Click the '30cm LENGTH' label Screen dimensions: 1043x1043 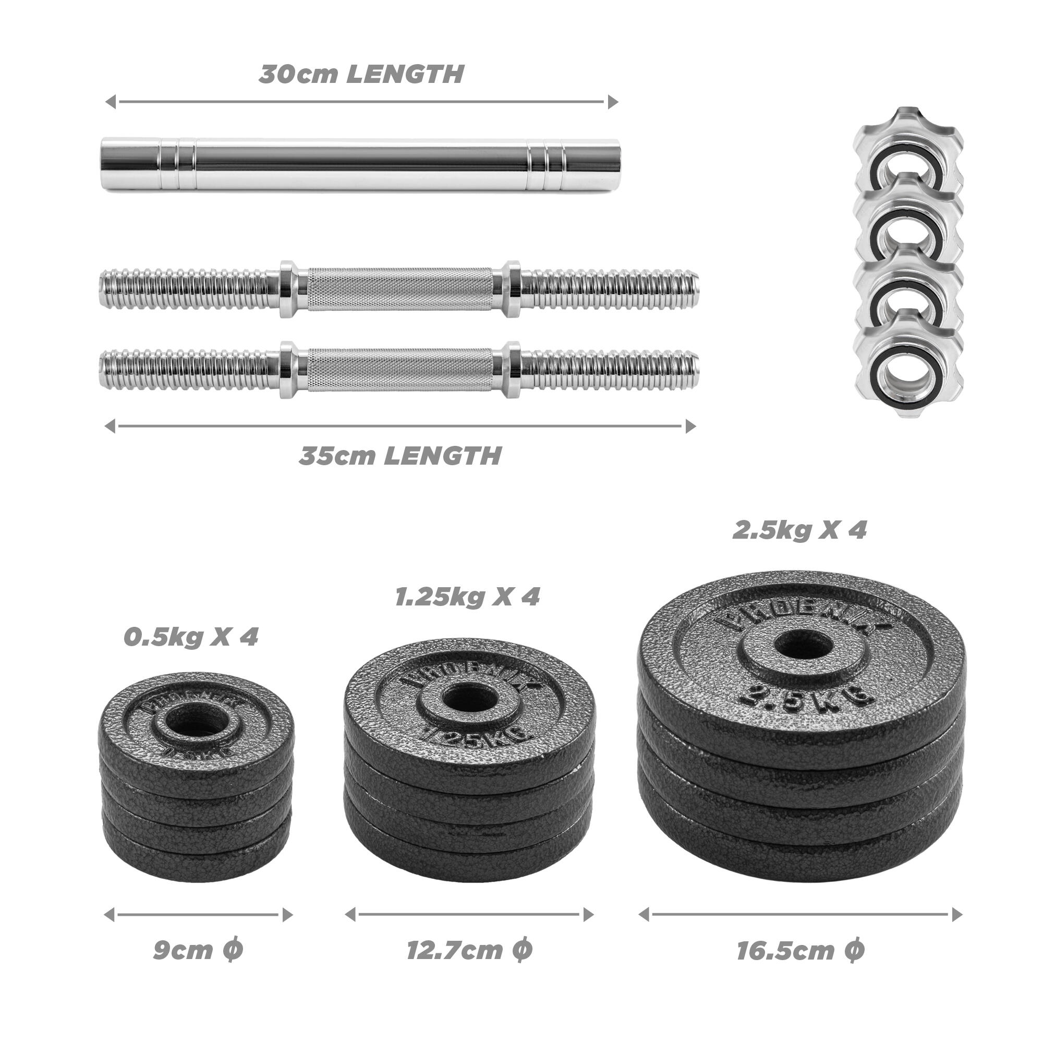[x=361, y=75]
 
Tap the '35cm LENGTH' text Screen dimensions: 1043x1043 [x=400, y=456]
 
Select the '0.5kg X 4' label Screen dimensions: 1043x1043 [x=191, y=638]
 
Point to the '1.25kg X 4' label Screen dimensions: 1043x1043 [x=467, y=597]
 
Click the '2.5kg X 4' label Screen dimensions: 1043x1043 [x=799, y=530]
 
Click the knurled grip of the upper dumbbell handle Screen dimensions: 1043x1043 [x=400, y=289]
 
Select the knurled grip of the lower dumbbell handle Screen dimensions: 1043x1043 [x=400, y=370]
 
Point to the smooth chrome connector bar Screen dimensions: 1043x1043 [x=360, y=165]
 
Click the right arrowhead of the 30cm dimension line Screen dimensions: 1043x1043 [x=612, y=102]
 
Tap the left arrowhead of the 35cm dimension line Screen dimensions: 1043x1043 [x=110, y=426]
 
